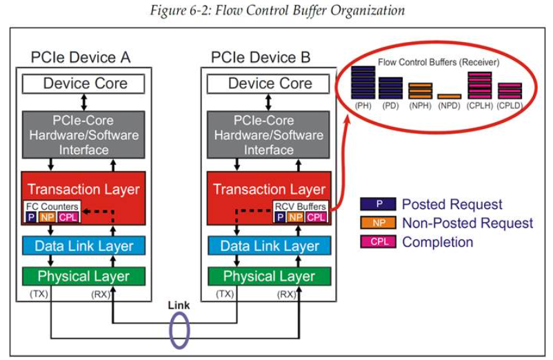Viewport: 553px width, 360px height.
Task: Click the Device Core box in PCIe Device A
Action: (85, 84)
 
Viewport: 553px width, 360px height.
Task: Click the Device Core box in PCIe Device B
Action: (270, 84)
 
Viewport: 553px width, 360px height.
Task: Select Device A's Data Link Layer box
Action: (85, 246)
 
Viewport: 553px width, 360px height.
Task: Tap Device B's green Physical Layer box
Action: (270, 277)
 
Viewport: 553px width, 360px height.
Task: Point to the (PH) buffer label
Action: (363, 106)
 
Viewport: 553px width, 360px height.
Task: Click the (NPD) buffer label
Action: (449, 106)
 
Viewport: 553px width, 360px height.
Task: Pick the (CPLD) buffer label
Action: (510, 106)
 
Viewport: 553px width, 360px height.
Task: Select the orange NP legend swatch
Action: (378, 223)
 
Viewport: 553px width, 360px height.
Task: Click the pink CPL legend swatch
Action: (378, 241)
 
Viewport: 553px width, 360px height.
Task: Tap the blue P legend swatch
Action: (378, 204)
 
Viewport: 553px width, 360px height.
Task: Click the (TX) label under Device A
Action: (38, 294)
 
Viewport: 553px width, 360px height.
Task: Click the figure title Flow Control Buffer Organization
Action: (276, 11)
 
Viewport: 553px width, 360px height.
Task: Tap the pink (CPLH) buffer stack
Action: (479, 86)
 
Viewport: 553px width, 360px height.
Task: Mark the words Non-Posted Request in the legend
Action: (467, 223)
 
